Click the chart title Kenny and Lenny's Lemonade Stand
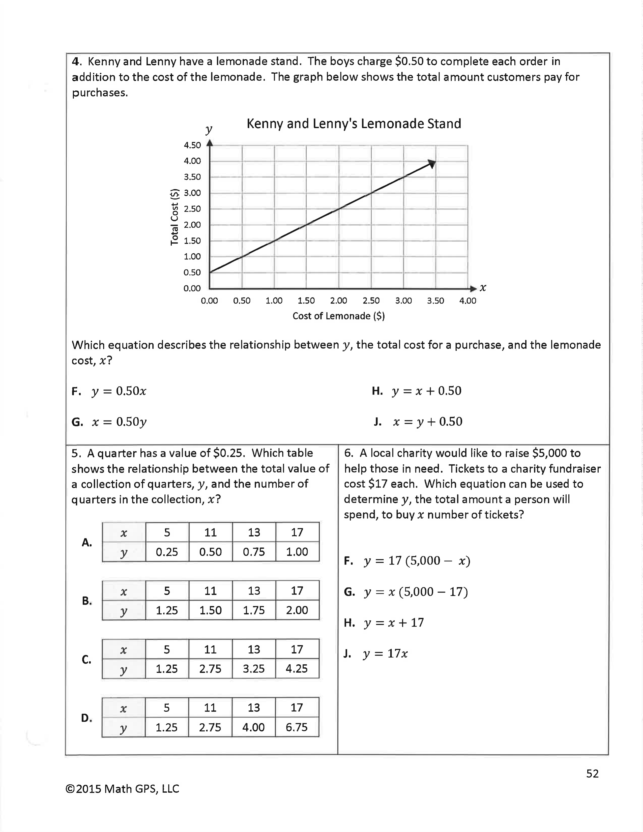pyautogui.click(x=354, y=124)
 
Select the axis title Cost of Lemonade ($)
pyautogui.click(x=338, y=316)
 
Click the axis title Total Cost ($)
pyautogui.click(x=174, y=217)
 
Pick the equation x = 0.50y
pyautogui.click(x=119, y=422)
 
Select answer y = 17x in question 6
pyautogui.click(x=385, y=654)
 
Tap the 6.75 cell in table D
pyautogui.click(x=297, y=727)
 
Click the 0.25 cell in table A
pyautogui.click(x=167, y=552)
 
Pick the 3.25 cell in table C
pyautogui.click(x=254, y=669)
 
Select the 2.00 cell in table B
pyautogui.click(x=297, y=610)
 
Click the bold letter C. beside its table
pyautogui.click(x=86, y=660)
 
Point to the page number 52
pyautogui.click(x=592, y=773)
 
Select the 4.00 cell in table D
pyautogui.click(x=254, y=727)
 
